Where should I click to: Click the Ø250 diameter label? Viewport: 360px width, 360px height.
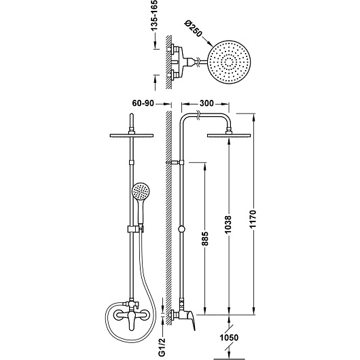pos(194,29)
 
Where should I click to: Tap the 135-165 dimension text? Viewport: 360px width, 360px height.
pos(154,16)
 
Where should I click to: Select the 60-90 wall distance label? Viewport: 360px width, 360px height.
pos(143,103)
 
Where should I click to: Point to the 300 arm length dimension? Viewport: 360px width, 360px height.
pos(206,103)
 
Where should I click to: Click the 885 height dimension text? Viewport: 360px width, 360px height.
pos(205,238)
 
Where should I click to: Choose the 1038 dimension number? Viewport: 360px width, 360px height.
pos(228,225)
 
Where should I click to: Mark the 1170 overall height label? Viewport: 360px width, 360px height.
pos(253,219)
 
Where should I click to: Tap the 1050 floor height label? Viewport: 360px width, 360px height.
pos(229,338)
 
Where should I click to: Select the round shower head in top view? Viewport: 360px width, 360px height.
pos(229,62)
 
